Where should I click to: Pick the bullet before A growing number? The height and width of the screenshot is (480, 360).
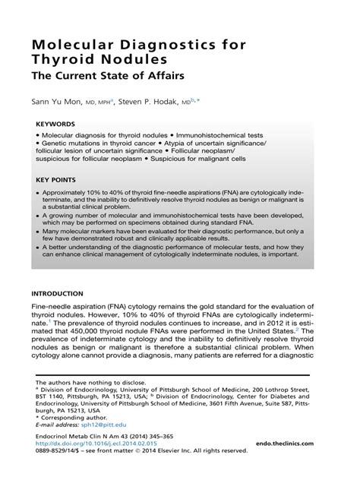coord(39,216)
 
